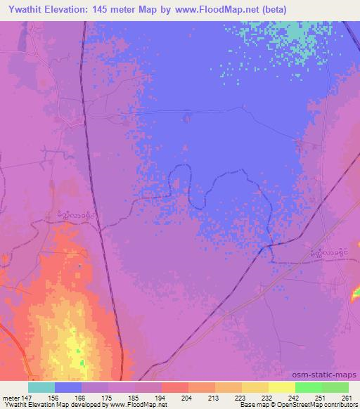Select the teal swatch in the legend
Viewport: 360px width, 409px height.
coord(41,387)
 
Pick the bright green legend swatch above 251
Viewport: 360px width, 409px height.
coord(309,387)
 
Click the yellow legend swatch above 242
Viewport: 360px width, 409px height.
coord(282,387)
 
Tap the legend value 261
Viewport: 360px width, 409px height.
coord(345,397)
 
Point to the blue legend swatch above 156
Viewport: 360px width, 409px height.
coord(68,387)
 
